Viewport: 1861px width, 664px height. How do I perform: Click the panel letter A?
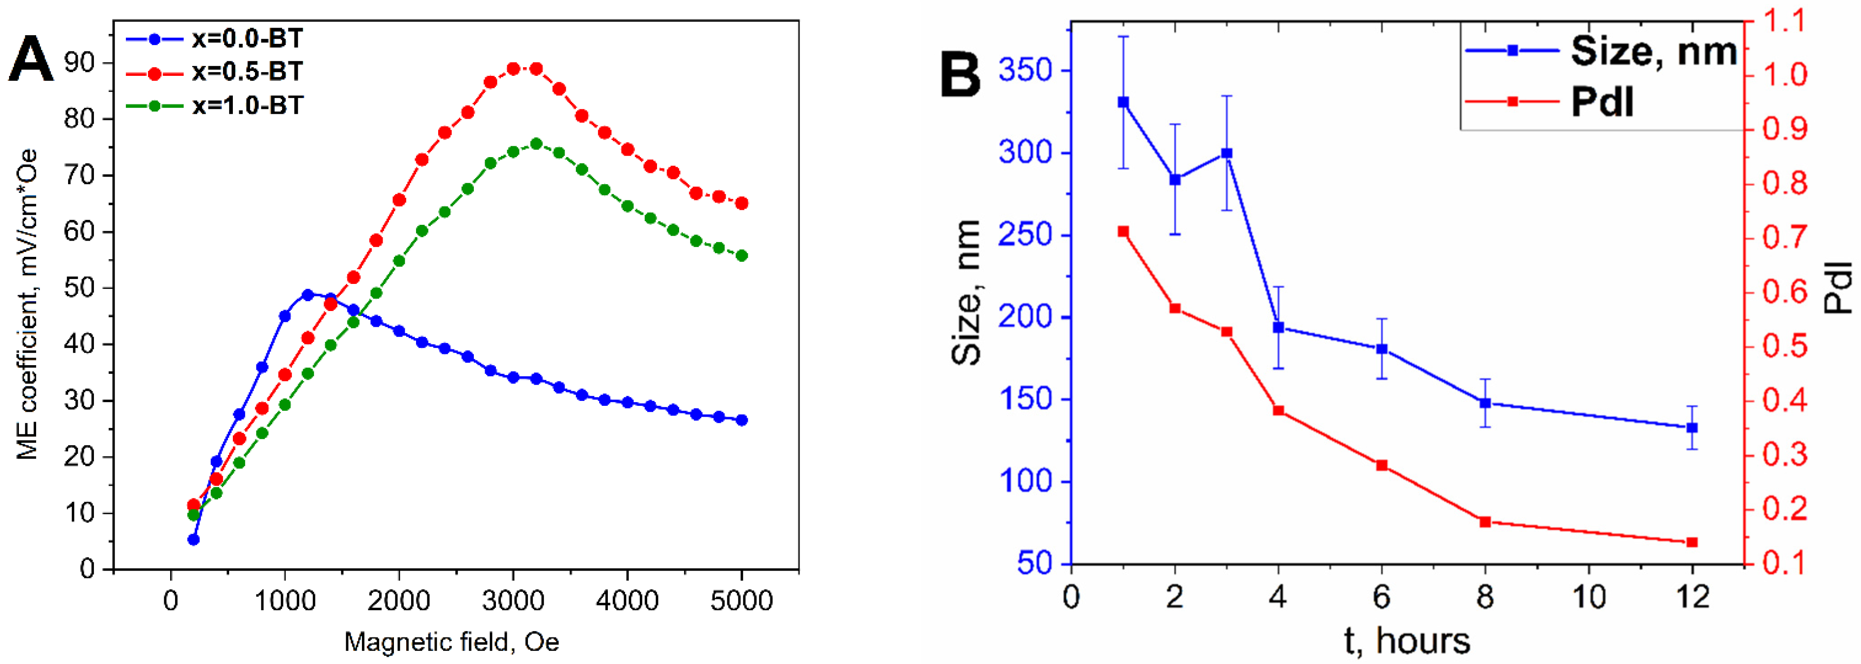click(x=30, y=60)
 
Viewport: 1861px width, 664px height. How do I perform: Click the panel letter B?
click(x=960, y=75)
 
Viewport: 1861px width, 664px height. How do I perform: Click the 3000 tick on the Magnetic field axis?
click(x=513, y=600)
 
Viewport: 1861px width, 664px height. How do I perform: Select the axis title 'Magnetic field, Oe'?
click(x=452, y=641)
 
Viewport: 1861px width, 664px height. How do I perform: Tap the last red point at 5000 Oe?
click(x=741, y=204)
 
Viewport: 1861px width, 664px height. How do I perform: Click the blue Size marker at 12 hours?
click(x=1692, y=428)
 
